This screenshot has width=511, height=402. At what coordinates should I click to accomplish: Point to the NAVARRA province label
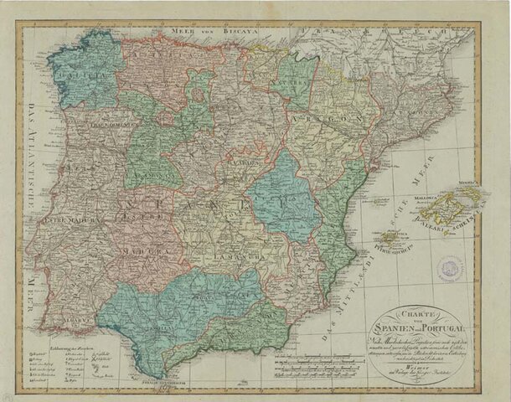(294, 84)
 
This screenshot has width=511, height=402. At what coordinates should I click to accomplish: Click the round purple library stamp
(455, 269)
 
